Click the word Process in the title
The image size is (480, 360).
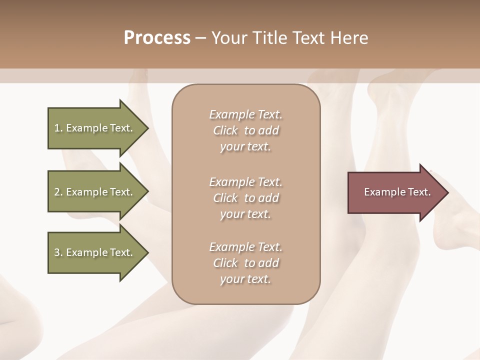click(157, 38)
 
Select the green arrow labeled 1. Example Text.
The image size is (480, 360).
click(95, 128)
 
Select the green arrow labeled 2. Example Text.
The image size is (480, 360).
click(95, 192)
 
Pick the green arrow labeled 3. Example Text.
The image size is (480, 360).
click(95, 252)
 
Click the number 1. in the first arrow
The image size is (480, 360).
click(58, 128)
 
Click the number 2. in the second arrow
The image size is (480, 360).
click(58, 192)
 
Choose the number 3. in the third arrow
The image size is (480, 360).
click(58, 252)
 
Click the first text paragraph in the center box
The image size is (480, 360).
click(245, 130)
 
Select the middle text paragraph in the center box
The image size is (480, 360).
click(245, 198)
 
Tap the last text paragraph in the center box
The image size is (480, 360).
click(245, 263)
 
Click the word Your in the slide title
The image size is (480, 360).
click(229, 38)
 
